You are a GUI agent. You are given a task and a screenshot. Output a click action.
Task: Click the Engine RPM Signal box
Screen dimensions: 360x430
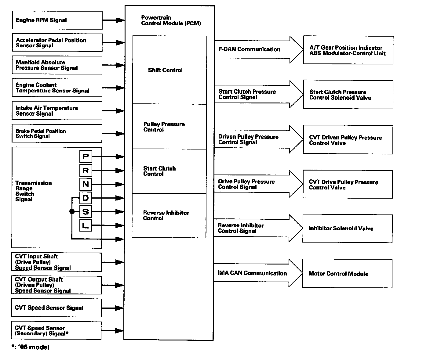click(x=57, y=20)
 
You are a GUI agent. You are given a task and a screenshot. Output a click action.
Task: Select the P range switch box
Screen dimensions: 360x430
click(x=86, y=157)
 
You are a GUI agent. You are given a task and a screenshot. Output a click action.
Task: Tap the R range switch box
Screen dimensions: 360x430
click(x=86, y=171)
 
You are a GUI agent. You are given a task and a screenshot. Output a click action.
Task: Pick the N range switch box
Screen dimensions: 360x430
click(x=86, y=184)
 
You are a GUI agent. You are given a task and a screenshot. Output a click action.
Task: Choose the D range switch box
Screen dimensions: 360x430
click(x=86, y=198)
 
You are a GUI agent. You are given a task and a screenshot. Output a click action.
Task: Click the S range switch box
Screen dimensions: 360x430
click(x=86, y=212)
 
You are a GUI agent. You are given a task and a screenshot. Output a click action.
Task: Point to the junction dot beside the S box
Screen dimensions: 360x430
click(x=72, y=211)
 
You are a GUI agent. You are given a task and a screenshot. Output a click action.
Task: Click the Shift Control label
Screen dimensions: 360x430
click(x=165, y=70)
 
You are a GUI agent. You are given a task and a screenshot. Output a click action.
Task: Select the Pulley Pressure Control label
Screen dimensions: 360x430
click(x=164, y=127)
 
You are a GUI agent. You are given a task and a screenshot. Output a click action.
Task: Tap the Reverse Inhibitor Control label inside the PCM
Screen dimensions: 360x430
click(x=166, y=215)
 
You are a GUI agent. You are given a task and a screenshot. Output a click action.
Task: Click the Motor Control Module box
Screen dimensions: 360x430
click(x=347, y=274)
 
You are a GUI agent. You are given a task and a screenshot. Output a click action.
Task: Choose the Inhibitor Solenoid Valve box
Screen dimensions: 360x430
click(x=347, y=229)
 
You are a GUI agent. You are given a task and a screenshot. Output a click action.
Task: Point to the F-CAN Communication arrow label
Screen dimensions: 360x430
click(x=249, y=49)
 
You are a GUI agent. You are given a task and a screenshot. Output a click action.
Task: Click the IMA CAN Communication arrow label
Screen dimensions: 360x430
click(x=252, y=273)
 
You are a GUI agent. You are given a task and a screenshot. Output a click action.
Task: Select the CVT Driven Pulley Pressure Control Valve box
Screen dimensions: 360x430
click(x=348, y=140)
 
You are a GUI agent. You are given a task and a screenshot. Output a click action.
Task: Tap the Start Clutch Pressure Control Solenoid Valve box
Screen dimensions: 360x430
click(x=348, y=95)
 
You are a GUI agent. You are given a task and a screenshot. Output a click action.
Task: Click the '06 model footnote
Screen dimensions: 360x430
click(x=30, y=347)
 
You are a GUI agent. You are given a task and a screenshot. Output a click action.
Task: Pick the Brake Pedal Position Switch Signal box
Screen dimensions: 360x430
click(x=57, y=134)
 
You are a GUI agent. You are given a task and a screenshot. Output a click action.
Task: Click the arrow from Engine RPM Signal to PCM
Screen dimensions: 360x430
click(x=113, y=20)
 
